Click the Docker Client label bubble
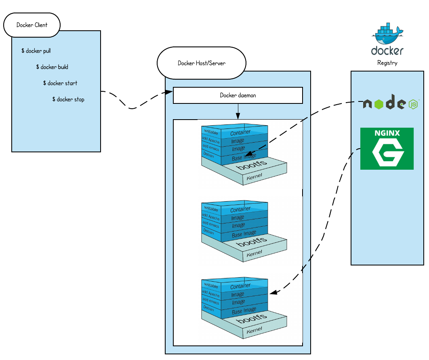tap(32, 25)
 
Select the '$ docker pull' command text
tap(36, 51)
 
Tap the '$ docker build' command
tap(52, 67)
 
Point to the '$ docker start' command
tap(60, 83)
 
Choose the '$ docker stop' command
tap(68, 99)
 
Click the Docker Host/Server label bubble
tap(202, 63)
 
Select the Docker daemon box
tap(238, 95)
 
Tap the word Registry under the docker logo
tap(387, 63)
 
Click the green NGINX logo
tap(387, 148)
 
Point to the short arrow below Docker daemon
tap(238, 111)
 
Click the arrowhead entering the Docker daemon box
tap(170, 93)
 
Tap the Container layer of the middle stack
tap(240, 209)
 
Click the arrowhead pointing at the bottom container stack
tap(273, 292)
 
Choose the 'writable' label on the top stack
tap(211, 132)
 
